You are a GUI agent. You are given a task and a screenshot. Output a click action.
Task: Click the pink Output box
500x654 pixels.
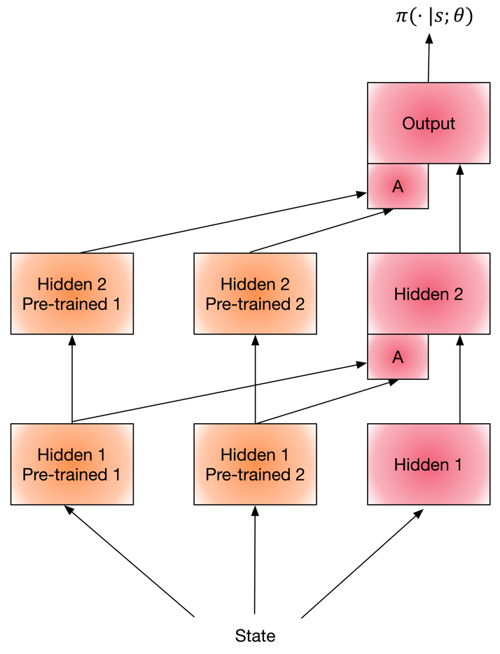point(429,123)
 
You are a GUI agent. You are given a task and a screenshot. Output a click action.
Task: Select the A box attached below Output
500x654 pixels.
point(398,186)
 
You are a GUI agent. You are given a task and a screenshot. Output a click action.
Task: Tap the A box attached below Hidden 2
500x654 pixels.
point(398,357)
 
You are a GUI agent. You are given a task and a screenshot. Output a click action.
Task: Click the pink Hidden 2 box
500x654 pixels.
point(429,294)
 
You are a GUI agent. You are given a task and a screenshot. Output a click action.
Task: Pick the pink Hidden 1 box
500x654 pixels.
point(429,464)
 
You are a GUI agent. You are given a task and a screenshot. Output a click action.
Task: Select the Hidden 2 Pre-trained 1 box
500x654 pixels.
point(71,294)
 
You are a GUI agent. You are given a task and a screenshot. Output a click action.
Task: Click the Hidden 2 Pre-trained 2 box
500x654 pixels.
point(255,294)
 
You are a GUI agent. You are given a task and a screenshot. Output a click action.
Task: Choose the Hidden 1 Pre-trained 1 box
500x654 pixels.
point(71,464)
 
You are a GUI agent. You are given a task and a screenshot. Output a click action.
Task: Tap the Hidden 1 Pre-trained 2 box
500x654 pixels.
point(255,464)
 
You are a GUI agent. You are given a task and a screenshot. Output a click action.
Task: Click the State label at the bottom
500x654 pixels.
point(255,636)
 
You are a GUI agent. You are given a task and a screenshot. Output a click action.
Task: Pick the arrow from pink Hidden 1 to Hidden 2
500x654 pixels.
point(460,381)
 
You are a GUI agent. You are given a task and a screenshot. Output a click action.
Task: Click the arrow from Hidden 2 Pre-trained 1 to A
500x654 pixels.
point(224,222)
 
